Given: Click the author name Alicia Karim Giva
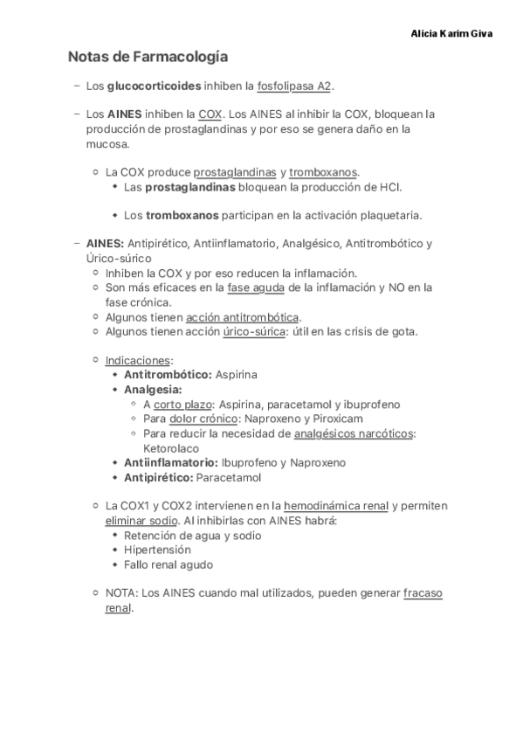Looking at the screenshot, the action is pyautogui.click(x=451, y=33).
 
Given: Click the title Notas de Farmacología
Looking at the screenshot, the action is pyautogui.click(x=148, y=58).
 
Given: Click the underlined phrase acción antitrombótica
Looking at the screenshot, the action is pyautogui.click(x=242, y=316).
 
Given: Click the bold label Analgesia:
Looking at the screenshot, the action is pyautogui.click(x=153, y=389).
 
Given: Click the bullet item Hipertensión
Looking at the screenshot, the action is pyautogui.click(x=157, y=550).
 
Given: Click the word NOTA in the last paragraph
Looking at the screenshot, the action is pyautogui.click(x=120, y=593).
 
